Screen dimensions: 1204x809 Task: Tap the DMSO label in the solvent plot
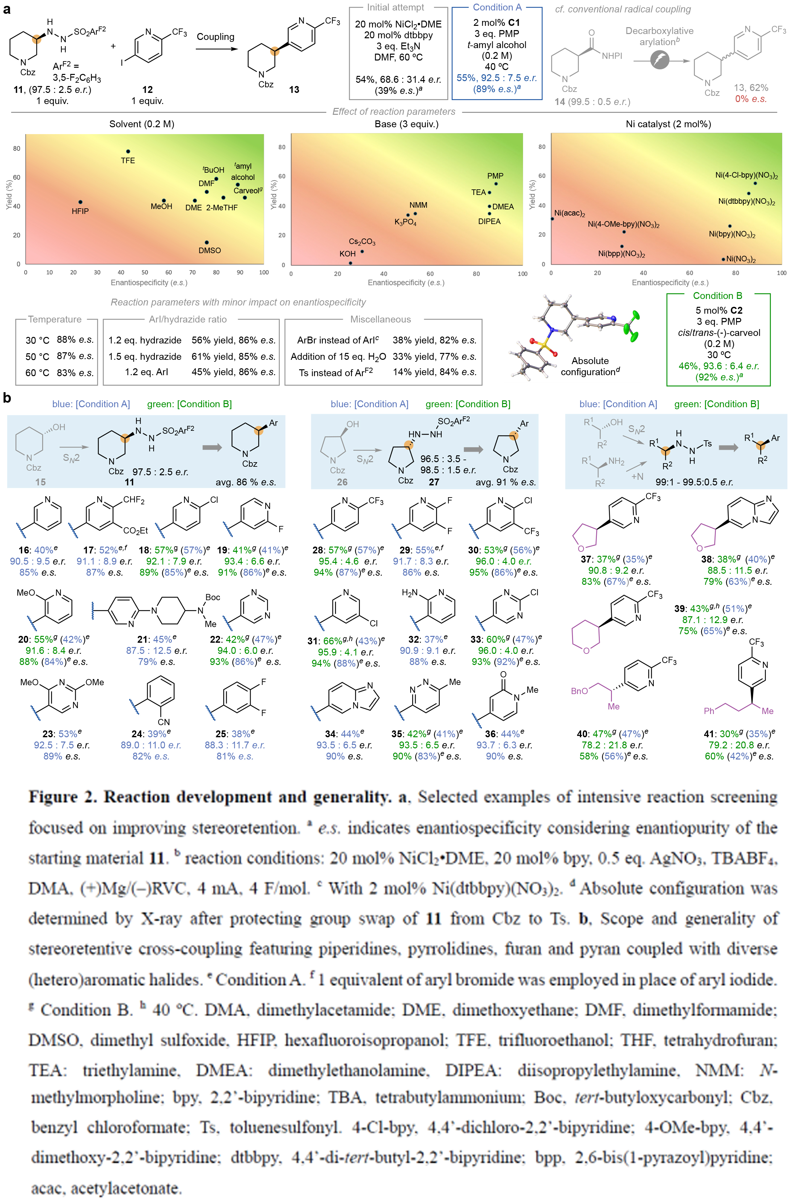click(x=210, y=251)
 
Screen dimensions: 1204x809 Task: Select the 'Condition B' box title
click(x=717, y=296)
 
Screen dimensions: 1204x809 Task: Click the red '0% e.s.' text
click(x=751, y=98)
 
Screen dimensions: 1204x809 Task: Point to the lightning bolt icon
click(x=659, y=61)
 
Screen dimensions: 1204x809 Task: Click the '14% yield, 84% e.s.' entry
click(x=434, y=372)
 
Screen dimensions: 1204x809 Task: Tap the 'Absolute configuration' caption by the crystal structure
click(x=590, y=366)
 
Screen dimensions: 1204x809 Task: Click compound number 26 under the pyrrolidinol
click(x=342, y=482)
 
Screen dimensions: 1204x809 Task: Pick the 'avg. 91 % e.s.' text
click(x=506, y=482)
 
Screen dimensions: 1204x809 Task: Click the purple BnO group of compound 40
click(x=580, y=691)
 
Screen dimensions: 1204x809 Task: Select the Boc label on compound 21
click(x=212, y=597)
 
